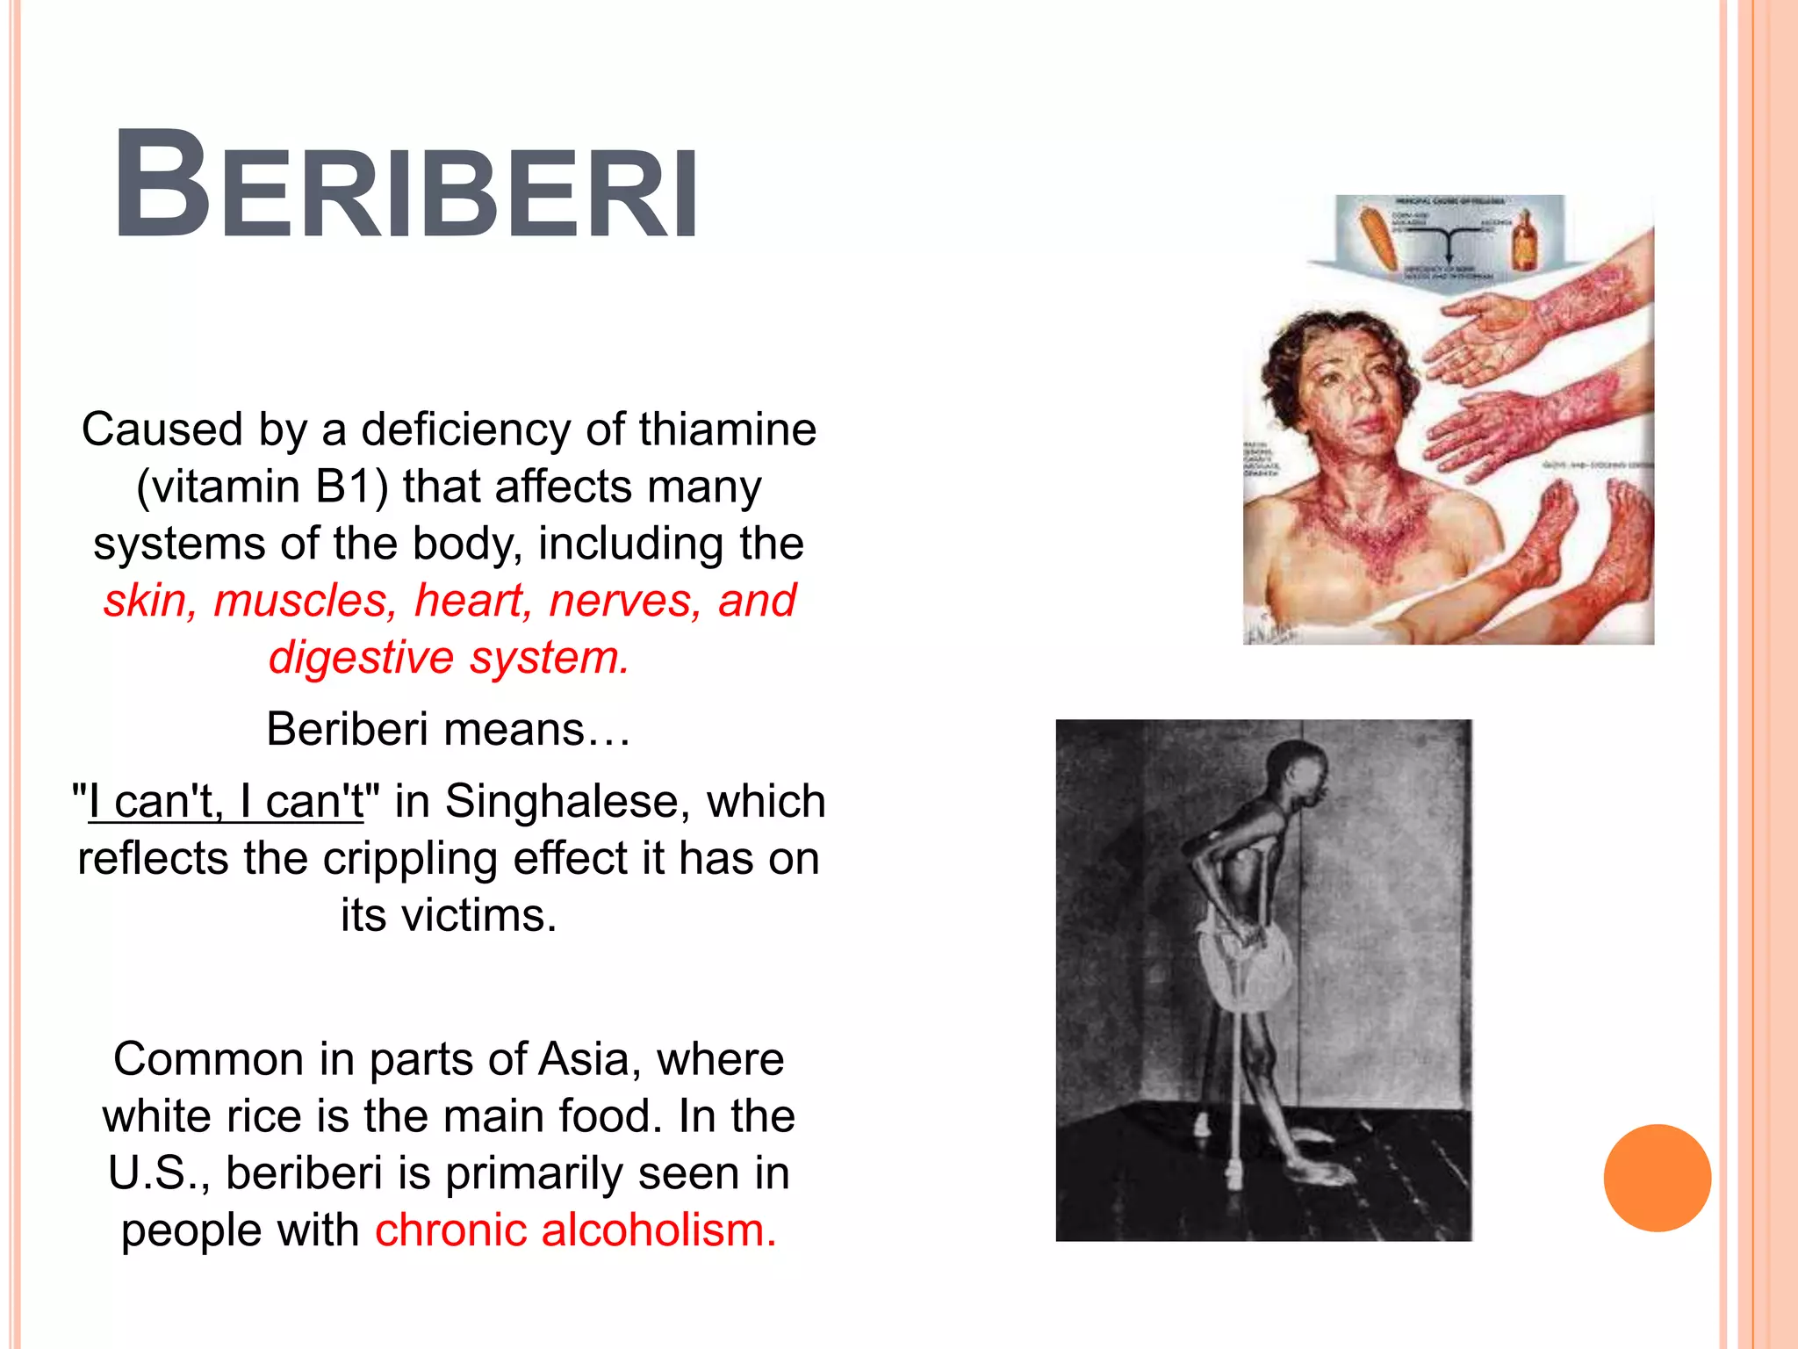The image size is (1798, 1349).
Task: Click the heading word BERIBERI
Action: pyautogui.click(x=406, y=186)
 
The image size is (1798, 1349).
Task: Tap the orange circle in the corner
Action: pyautogui.click(x=1657, y=1178)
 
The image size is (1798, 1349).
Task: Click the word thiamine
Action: pyautogui.click(x=728, y=430)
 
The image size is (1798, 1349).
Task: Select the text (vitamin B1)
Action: pyautogui.click(x=262, y=487)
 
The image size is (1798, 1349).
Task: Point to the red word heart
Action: pyautogui.click(x=469, y=601)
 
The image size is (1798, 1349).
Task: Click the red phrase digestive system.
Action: pyautogui.click(x=449, y=658)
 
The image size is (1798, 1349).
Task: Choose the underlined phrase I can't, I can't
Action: pyautogui.click(x=226, y=802)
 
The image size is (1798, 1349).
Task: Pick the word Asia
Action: pyautogui.click(x=583, y=1059)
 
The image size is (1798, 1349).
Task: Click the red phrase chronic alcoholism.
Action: pyautogui.click(x=576, y=1230)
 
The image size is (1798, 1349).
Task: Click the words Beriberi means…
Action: pyautogui.click(x=449, y=730)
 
